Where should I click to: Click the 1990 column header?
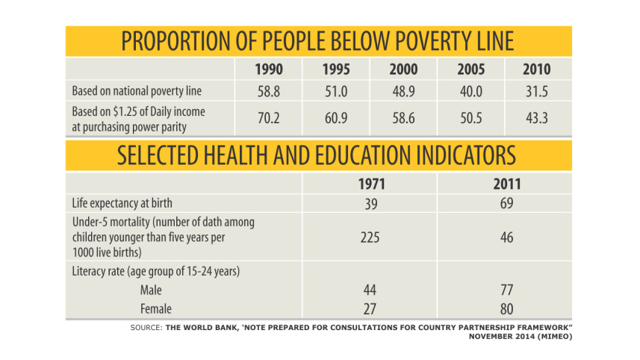269,70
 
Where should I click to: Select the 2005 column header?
470,70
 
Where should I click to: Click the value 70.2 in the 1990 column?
269,118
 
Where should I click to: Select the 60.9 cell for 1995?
336,118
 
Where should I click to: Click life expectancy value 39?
371,203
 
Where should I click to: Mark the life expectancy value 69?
506,203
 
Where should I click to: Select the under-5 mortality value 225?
371,237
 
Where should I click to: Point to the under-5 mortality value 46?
506,237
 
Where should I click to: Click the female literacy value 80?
506,308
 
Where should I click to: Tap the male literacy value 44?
371,290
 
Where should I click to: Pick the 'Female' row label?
156,308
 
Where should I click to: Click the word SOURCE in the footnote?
144,328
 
